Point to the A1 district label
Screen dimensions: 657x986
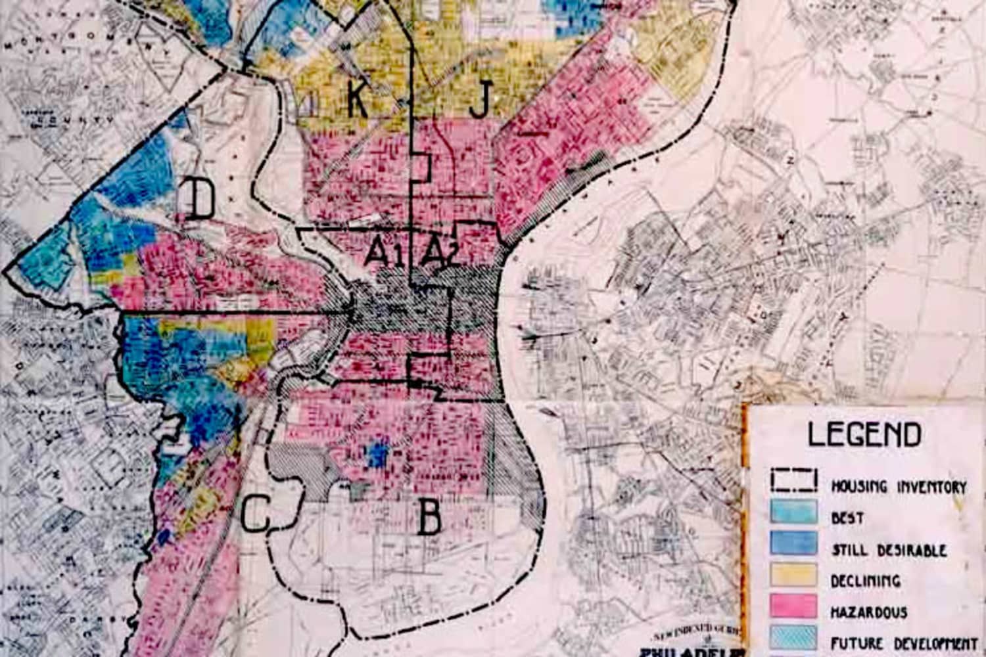(x=384, y=252)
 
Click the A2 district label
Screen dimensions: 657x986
(x=440, y=252)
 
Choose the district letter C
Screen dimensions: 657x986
(x=255, y=514)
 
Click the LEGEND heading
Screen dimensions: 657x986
(x=864, y=435)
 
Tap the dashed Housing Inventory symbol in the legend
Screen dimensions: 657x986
(x=794, y=481)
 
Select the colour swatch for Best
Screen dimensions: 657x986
(x=794, y=512)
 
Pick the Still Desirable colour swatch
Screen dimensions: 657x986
(x=794, y=543)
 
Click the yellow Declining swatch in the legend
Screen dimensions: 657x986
(x=794, y=575)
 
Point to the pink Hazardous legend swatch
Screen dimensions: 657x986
(x=794, y=606)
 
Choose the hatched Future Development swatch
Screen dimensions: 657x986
(x=794, y=637)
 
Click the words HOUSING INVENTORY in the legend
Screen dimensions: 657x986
(x=899, y=487)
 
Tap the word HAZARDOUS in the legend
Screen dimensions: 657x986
(x=868, y=613)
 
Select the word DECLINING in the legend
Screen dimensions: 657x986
(x=865, y=581)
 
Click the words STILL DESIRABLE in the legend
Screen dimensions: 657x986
(x=889, y=550)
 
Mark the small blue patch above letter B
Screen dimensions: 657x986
(x=377, y=454)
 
